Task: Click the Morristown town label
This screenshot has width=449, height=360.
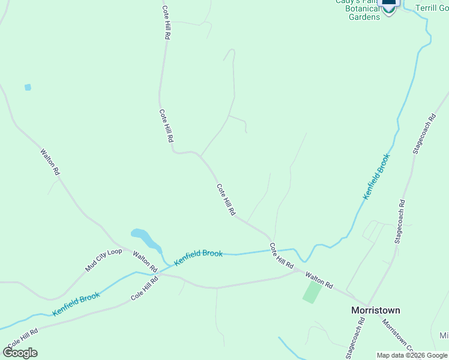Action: click(x=375, y=310)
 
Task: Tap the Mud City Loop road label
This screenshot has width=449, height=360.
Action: click(x=103, y=260)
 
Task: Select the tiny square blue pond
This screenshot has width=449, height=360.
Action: click(x=28, y=88)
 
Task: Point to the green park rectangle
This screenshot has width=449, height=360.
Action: click(x=312, y=292)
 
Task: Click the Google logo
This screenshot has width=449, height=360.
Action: click(x=20, y=353)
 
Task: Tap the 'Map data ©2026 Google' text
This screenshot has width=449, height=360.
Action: click(x=412, y=355)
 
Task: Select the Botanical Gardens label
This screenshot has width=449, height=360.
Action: click(x=364, y=13)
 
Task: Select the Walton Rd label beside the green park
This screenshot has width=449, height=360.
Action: click(x=318, y=280)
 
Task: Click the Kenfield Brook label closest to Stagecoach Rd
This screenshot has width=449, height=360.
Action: click(x=376, y=176)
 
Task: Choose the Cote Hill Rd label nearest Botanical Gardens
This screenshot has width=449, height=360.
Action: click(x=166, y=23)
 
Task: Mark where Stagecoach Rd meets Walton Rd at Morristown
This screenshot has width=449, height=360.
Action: click(x=366, y=304)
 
